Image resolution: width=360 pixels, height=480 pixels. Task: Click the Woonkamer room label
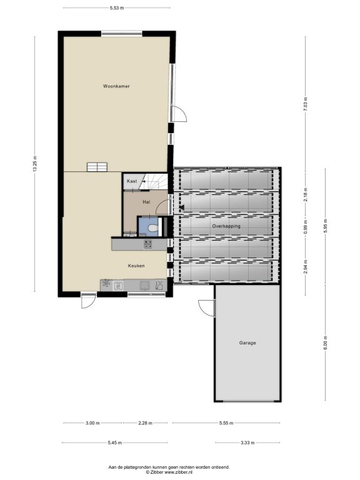pos(116,86)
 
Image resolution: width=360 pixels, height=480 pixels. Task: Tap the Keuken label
pos(136,266)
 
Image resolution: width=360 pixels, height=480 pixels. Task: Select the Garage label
pos(247,343)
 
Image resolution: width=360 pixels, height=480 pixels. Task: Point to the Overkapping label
pos(226,226)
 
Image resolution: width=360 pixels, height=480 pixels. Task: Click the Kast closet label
pos(132,181)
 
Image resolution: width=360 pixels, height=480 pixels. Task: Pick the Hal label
pos(146,202)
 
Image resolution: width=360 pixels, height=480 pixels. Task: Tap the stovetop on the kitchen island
pos(148,244)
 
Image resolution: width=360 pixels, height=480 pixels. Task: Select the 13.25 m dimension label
pos(35,164)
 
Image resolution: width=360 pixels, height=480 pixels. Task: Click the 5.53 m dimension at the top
pos(117,8)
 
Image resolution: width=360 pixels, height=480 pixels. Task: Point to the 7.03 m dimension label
pos(306,105)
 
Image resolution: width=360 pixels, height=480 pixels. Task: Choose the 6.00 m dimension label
pos(326,342)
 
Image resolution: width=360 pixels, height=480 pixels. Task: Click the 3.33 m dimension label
pos(247,442)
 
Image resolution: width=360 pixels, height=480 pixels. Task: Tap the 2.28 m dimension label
pos(145,423)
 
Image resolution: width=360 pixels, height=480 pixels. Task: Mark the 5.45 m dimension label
pos(115,442)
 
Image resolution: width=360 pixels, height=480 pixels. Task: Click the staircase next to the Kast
pos(153,181)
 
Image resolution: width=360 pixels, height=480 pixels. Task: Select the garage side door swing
pos(206,307)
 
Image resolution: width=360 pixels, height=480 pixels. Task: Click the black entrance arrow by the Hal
pos(182,208)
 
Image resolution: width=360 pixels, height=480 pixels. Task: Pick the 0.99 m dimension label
pos(306,227)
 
